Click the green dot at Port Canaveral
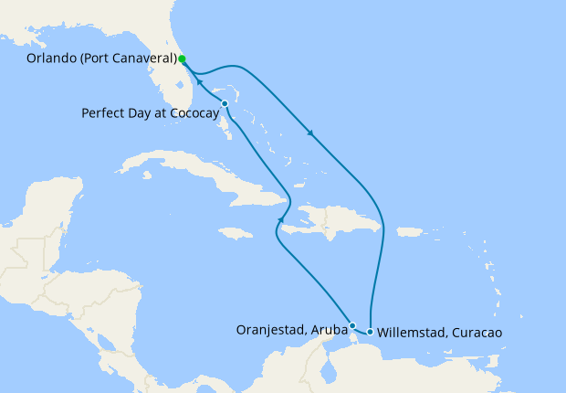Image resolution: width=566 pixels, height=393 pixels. coord(183,59)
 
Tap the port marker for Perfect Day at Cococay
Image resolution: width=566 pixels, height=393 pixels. coord(225,104)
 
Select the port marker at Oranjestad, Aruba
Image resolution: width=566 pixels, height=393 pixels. coord(352,325)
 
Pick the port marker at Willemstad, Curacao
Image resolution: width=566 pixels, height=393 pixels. coord(370,332)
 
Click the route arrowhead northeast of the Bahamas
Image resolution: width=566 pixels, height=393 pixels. coord(312,134)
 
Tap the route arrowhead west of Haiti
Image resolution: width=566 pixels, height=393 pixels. coord(280,219)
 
